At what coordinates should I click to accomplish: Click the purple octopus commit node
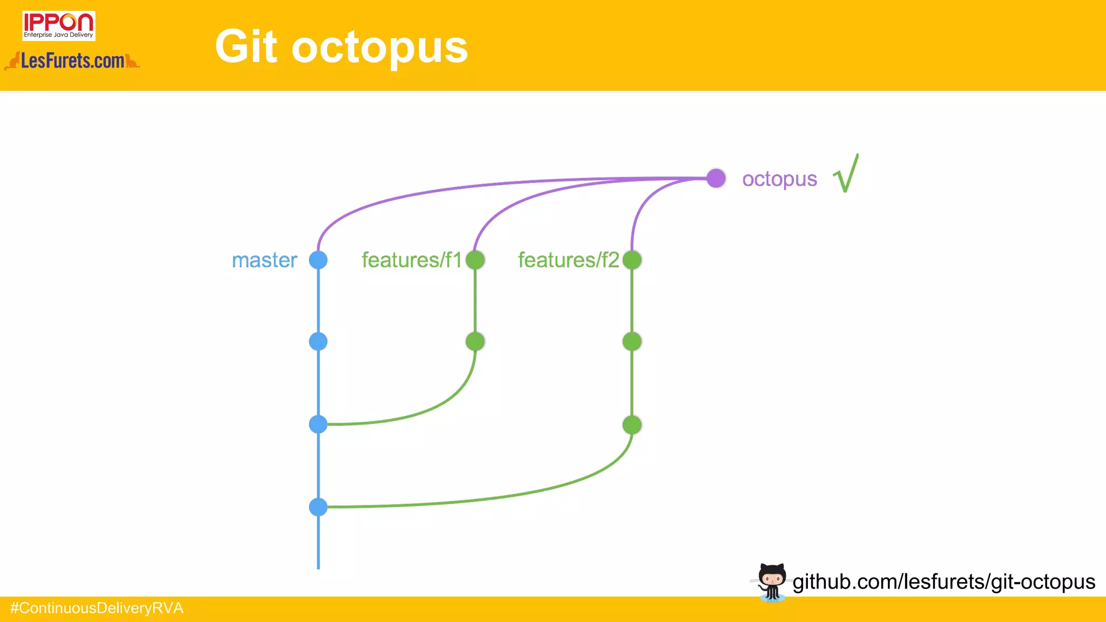[716, 178]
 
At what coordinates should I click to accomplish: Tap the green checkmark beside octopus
[846, 174]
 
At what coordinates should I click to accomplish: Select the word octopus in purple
[779, 179]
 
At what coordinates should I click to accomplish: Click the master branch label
[264, 260]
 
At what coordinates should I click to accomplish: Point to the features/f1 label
[412, 260]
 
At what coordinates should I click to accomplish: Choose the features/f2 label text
[568, 260]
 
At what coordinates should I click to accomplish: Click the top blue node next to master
[318, 260]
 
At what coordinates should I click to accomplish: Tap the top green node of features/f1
[475, 260]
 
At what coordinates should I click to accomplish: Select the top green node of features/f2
[632, 260]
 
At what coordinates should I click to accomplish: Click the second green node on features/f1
[475, 341]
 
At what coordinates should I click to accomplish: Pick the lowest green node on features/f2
[632, 425]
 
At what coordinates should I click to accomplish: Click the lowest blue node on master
[318, 507]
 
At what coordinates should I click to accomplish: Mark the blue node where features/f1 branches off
[318, 424]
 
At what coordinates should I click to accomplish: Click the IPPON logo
[58, 25]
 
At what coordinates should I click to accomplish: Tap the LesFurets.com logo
[72, 61]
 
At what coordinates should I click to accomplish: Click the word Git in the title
[246, 47]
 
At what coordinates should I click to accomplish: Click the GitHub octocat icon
[771, 582]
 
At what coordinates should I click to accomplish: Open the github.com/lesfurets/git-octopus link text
[943, 582]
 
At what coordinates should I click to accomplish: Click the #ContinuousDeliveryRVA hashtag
[97, 609]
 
